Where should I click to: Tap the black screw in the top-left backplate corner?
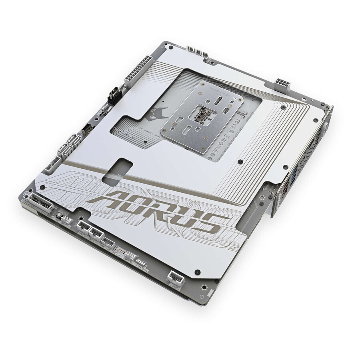(x=171, y=47)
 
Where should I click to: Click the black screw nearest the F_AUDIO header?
(x=197, y=272)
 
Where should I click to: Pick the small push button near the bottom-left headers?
(x=60, y=216)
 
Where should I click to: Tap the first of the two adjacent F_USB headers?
(x=83, y=225)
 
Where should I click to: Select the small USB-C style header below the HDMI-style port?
(x=86, y=128)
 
